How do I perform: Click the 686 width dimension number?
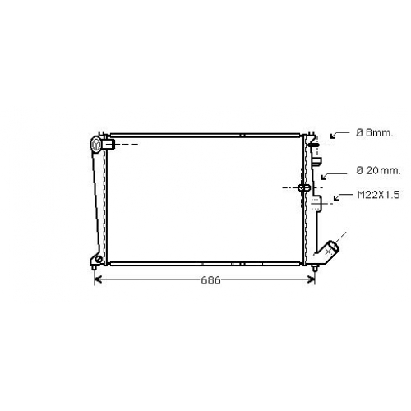(x=210, y=280)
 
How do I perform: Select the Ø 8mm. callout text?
(x=374, y=133)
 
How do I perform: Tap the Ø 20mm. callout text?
(x=378, y=171)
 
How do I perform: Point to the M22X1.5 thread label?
(x=378, y=195)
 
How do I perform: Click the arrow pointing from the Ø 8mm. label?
(x=339, y=134)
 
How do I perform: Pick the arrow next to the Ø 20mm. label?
(x=334, y=176)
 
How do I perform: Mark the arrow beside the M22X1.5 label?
(x=343, y=196)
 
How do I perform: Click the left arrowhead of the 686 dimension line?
(x=98, y=279)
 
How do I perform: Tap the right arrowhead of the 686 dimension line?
(x=312, y=279)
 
